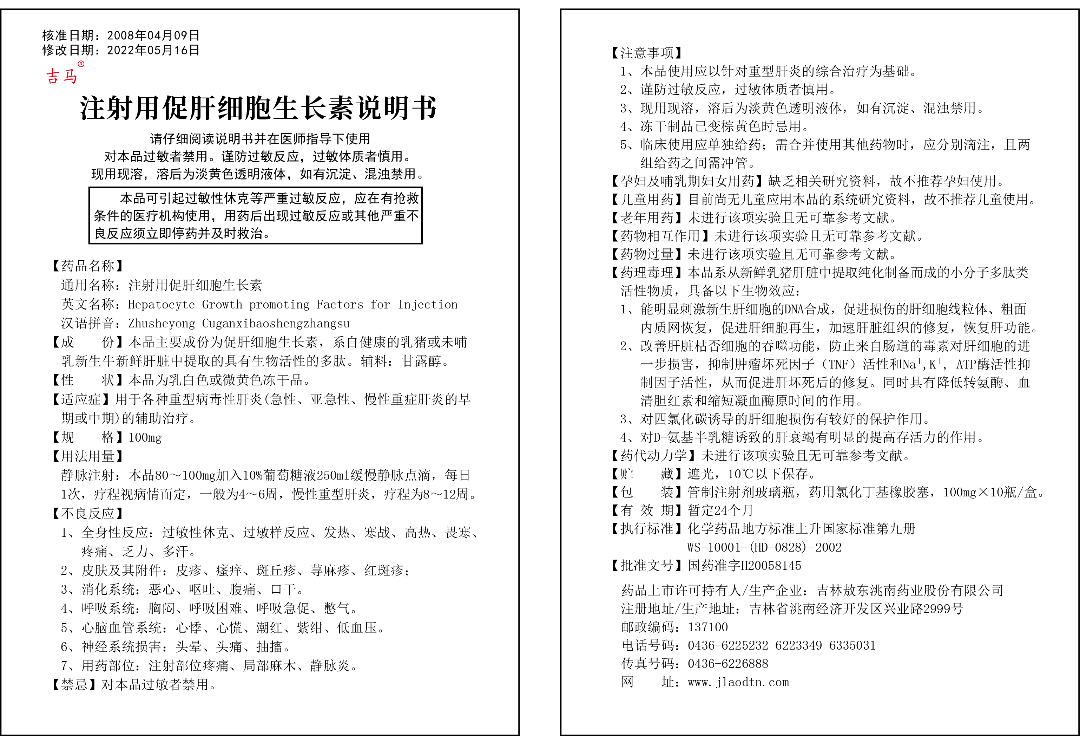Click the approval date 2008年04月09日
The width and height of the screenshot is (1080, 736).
click(153, 35)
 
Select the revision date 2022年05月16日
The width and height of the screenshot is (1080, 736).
click(153, 50)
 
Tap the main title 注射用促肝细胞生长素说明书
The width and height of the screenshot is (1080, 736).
click(258, 108)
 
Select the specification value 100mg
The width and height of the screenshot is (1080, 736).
click(145, 437)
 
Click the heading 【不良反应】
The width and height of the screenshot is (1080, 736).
click(88, 513)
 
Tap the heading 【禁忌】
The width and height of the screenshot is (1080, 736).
click(74, 684)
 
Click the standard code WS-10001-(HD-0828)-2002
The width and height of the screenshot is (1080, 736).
click(764, 547)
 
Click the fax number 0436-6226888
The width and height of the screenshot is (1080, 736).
click(728, 664)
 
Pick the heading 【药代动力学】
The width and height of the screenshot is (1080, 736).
click(653, 456)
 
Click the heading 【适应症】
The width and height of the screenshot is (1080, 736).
click(81, 399)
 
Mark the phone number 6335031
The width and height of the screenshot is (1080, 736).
click(852, 645)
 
